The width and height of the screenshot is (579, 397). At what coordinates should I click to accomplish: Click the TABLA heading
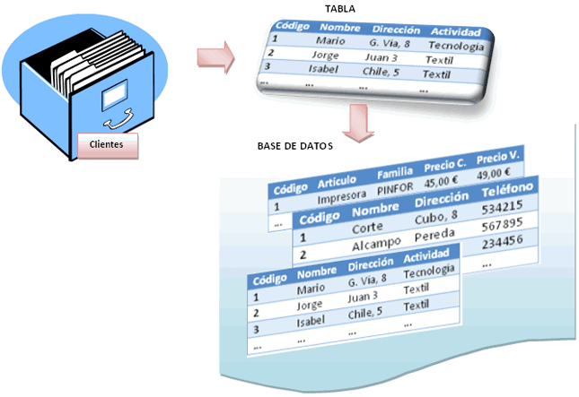[341, 8]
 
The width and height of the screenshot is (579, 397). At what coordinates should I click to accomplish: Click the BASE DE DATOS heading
[293, 145]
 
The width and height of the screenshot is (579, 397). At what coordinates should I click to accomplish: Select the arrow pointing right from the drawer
[215, 60]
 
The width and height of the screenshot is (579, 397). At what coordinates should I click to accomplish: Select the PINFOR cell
[396, 189]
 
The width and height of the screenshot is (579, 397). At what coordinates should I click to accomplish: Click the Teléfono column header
[508, 191]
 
